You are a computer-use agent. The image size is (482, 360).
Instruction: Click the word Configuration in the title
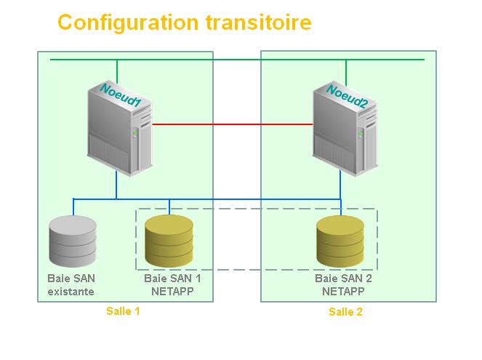click(128, 23)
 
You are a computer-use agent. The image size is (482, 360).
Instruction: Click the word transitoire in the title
click(259, 23)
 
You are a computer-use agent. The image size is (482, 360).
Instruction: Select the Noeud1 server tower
click(120, 129)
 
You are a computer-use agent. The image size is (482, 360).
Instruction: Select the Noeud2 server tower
click(345, 129)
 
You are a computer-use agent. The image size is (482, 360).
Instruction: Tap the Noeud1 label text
click(121, 95)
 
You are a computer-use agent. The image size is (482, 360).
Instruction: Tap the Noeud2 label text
click(347, 96)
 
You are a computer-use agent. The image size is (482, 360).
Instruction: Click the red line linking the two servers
click(233, 124)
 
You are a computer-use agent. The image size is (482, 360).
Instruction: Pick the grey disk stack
click(73, 241)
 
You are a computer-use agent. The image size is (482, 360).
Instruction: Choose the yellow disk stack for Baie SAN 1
click(169, 241)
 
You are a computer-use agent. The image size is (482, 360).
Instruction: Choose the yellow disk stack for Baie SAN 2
click(340, 241)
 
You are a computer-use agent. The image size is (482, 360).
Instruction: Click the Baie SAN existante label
click(71, 284)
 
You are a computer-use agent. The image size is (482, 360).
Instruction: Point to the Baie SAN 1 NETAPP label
click(172, 284)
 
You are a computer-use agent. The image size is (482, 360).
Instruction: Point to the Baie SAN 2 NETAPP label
click(343, 284)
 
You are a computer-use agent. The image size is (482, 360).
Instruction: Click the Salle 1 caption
click(123, 311)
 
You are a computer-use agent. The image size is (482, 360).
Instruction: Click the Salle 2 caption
click(345, 312)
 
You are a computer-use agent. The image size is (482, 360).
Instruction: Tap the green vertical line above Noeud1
click(117, 71)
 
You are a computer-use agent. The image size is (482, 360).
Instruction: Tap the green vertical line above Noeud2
click(346, 73)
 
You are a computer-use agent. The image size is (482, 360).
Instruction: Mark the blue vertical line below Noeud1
click(116, 185)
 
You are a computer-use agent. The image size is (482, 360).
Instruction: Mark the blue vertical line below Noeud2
click(340, 185)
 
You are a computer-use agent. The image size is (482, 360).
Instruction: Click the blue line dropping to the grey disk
click(73, 207)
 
